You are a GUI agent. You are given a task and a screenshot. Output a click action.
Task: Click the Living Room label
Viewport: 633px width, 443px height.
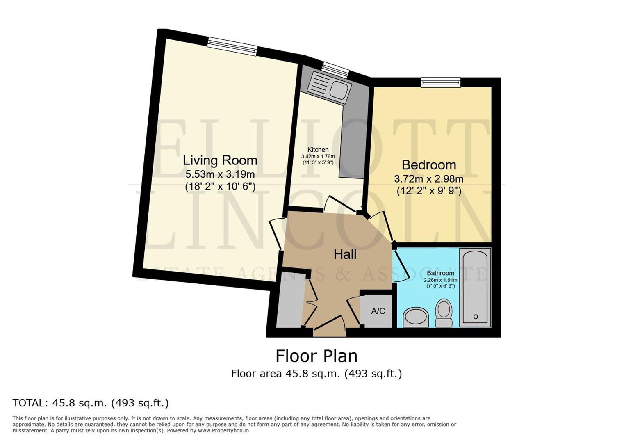pos(220,160)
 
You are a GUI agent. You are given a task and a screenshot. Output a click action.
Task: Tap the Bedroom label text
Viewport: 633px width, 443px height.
pos(428,165)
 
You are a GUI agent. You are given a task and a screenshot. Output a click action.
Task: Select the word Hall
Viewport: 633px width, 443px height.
pos(345,254)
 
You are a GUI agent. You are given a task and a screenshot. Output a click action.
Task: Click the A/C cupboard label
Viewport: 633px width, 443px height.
pos(378,311)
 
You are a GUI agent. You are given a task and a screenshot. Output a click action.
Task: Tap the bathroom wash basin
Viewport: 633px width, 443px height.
pos(415,317)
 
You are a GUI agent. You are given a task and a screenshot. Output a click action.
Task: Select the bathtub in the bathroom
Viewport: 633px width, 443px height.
pos(475,287)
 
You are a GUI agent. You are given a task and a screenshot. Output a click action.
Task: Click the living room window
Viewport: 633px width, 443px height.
pos(232,46)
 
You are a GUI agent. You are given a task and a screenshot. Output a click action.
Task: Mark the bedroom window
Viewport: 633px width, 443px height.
pos(441,82)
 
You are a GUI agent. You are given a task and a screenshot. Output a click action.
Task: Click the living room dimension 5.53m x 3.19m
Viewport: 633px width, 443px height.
pos(220,174)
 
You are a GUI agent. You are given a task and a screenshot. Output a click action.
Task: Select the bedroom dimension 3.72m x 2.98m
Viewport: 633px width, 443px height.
pos(428,179)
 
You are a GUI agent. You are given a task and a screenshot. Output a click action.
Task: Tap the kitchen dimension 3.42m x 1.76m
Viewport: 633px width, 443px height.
pos(318,156)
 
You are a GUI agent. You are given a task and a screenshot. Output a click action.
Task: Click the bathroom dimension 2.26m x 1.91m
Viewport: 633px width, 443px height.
pos(440,280)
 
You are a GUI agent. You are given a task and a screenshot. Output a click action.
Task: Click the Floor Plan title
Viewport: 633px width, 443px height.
pos(316,356)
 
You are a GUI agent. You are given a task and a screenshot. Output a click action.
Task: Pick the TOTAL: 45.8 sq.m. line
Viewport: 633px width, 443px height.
pos(91,403)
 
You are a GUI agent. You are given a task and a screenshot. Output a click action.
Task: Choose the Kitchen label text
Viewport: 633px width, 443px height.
pos(318,150)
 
